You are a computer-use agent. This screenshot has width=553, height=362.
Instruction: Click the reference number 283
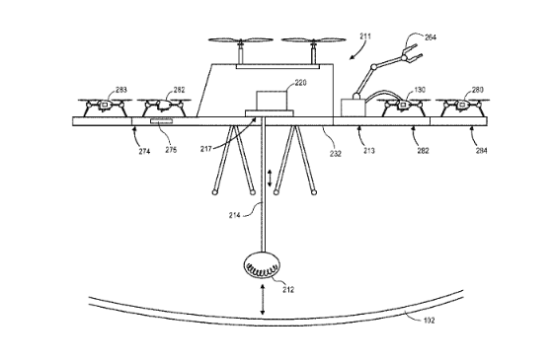click(x=120, y=91)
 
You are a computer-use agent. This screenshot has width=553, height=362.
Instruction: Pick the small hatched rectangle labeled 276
click(x=162, y=122)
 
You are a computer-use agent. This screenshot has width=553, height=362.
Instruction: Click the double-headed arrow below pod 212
click(x=264, y=301)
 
